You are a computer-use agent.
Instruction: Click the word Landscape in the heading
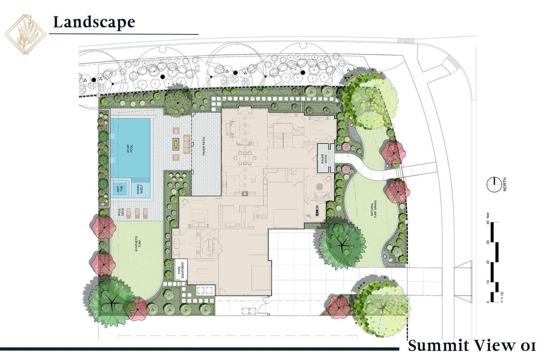[94, 22]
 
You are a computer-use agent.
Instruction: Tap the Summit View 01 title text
[472, 345]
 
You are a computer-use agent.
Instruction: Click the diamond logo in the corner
[25, 34]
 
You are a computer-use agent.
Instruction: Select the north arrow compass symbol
[494, 185]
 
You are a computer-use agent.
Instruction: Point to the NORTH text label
[505, 185]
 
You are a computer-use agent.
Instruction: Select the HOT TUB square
[119, 189]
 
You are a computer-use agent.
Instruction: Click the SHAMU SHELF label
[140, 189]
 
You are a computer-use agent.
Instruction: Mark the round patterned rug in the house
[319, 187]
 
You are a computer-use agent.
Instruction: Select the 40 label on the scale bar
[487, 222]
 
